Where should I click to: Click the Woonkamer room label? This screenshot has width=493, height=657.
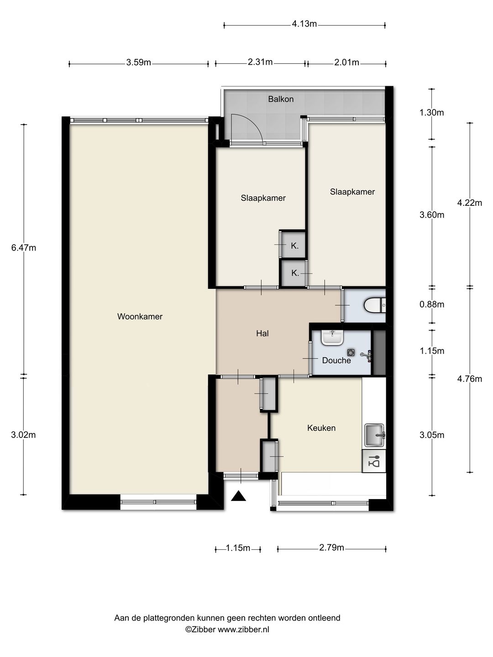[x=140, y=316]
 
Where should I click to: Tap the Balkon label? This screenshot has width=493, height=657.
[x=281, y=99]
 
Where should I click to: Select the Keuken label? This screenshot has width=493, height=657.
[x=321, y=428]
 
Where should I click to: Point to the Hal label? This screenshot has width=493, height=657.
[x=262, y=333]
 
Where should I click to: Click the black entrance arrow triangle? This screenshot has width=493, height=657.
[x=239, y=496]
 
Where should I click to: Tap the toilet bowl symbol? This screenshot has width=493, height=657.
[x=375, y=306]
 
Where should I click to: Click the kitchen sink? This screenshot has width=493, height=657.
[x=374, y=435]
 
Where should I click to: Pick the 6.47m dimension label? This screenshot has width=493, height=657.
[x=24, y=248]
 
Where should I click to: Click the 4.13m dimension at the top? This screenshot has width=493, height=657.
[x=304, y=24]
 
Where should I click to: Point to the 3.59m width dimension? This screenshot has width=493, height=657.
[x=138, y=63]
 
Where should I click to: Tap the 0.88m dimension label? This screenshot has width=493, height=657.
[x=432, y=304]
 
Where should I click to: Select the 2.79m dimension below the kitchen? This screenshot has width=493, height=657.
[x=331, y=547]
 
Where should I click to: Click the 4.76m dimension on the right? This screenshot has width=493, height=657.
[x=469, y=379]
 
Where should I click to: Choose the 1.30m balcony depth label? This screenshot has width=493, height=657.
[x=431, y=113]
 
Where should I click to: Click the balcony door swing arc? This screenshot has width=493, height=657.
[x=254, y=123]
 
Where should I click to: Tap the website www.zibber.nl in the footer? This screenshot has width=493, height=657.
[x=243, y=630]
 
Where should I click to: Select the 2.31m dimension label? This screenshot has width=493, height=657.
[x=260, y=62]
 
